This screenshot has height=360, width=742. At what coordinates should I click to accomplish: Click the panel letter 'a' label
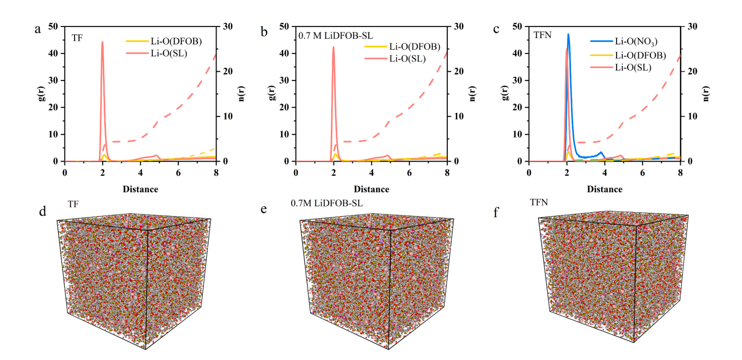click(x=38, y=29)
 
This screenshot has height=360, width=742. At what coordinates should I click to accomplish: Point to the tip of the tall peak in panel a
click(x=102, y=42)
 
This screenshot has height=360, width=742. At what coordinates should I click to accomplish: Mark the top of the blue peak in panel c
click(x=568, y=34)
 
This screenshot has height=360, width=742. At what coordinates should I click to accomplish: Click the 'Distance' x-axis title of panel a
click(x=140, y=189)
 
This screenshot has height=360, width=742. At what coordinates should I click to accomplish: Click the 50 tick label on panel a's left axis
click(x=53, y=26)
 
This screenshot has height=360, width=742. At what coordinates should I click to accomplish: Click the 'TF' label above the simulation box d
click(x=74, y=203)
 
